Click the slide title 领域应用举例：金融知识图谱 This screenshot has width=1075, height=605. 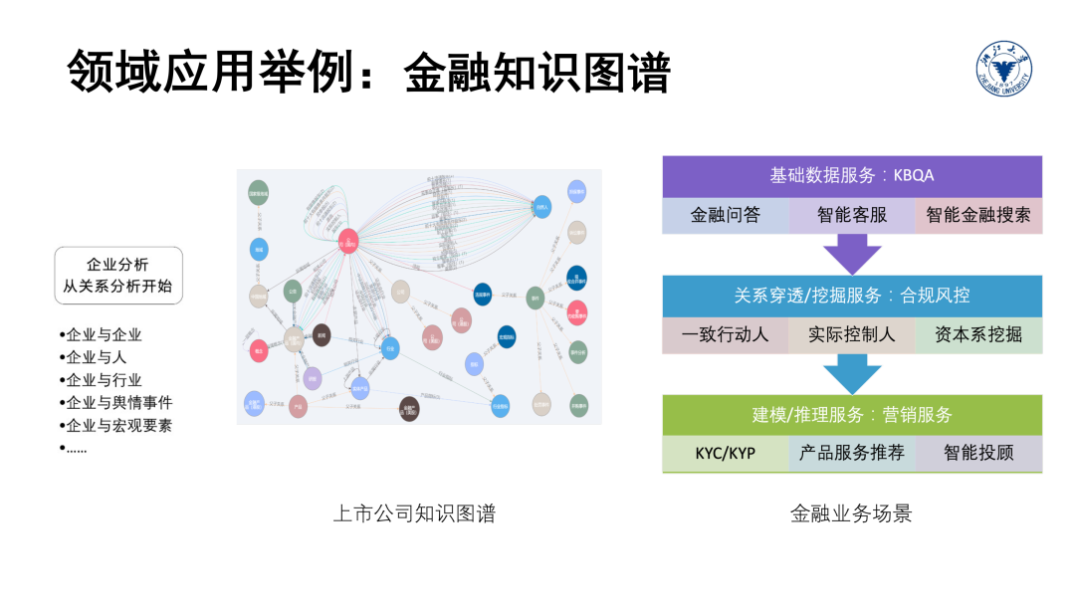pos(369,73)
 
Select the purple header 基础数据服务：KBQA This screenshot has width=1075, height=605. pos(852,175)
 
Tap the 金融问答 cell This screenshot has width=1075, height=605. pos(726,215)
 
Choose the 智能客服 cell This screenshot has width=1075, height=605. pos(852,215)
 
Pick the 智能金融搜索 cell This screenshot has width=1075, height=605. pos(978,215)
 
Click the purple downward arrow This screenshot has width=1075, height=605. pos(852,253)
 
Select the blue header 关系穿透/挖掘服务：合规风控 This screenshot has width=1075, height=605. pos(852,296)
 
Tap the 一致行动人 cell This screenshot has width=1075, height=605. pos(726,334)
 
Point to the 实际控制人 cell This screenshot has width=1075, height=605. pos(852,334)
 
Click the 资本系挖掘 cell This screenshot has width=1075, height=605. pos(978,334)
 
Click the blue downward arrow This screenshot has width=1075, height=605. pos(852,373)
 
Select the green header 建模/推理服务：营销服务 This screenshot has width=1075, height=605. pos(852,415)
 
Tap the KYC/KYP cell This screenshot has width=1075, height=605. pos(726,454)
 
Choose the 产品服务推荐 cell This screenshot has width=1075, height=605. pos(852,454)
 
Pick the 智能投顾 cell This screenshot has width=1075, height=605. pos(978,454)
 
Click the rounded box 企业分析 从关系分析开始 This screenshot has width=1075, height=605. pos(118,276)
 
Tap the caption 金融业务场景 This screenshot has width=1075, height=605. pos(851,513)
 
